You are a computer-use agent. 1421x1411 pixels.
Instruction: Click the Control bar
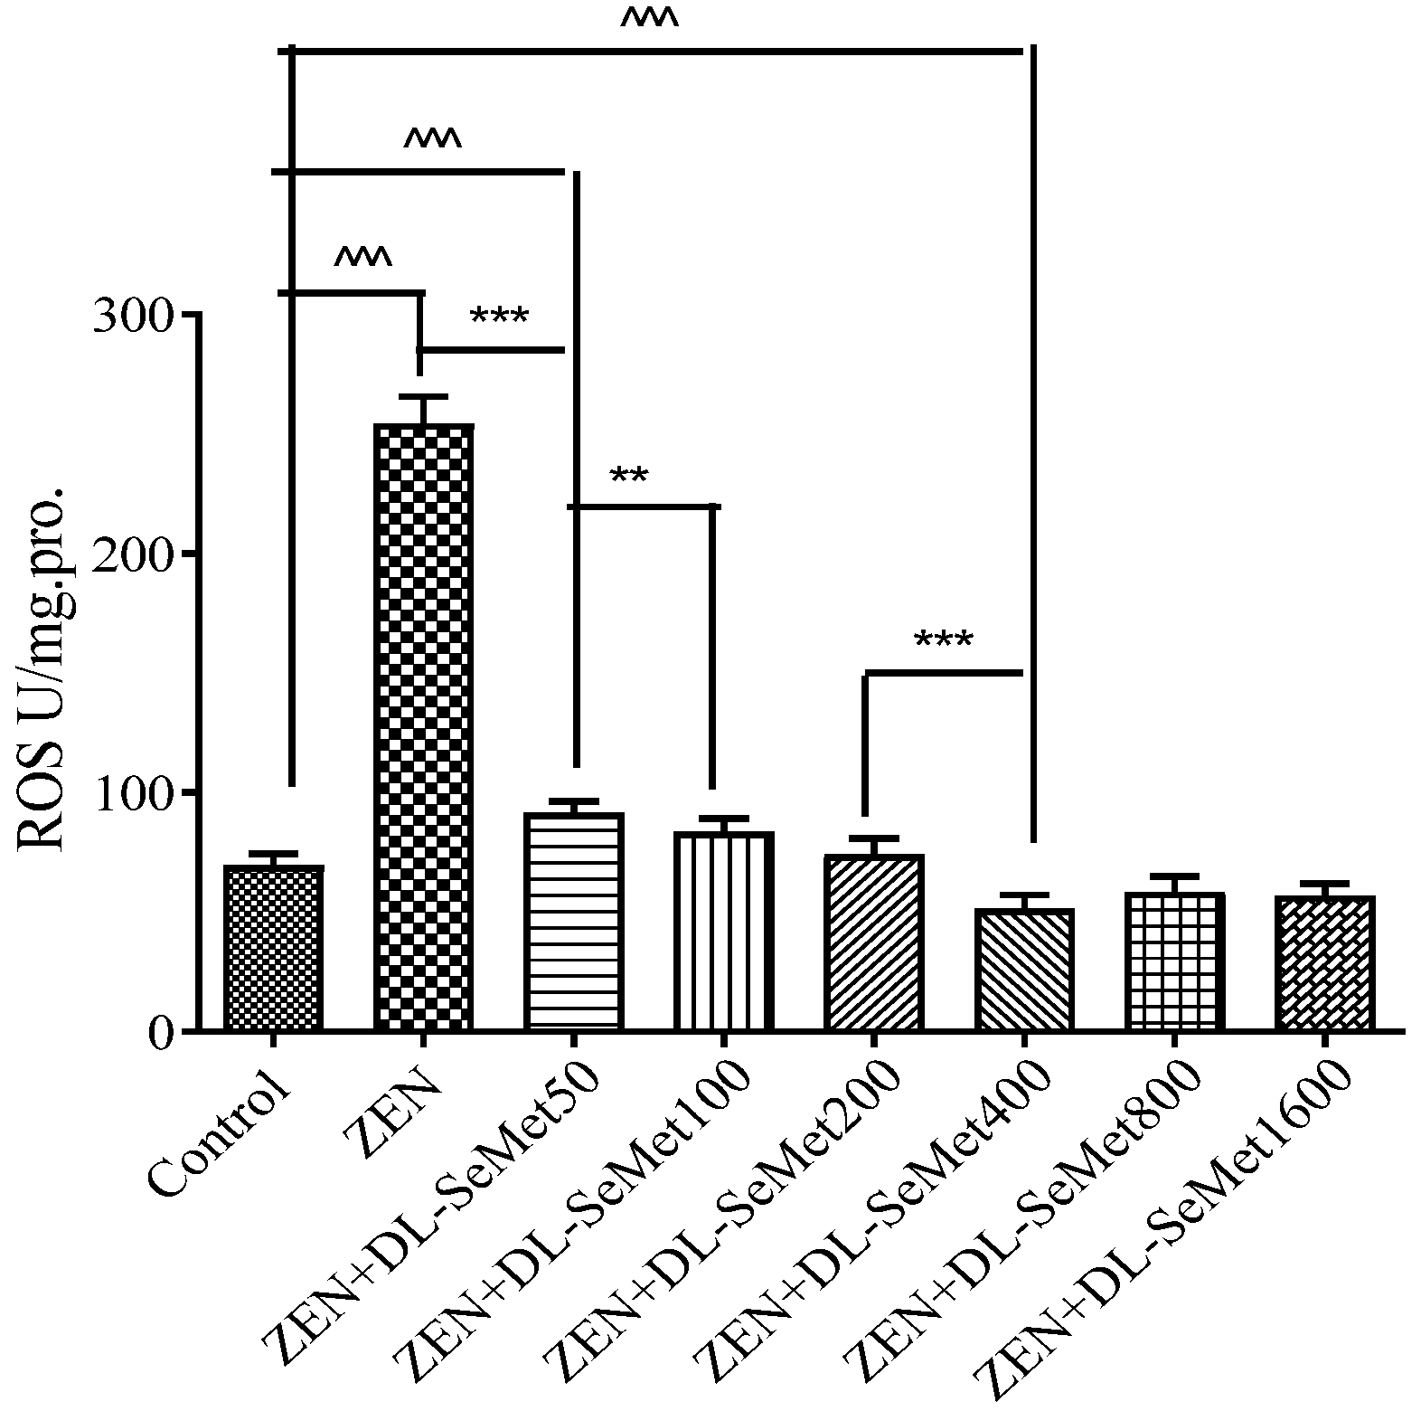point(273,948)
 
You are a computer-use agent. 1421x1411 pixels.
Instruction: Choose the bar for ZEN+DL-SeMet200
point(873,942)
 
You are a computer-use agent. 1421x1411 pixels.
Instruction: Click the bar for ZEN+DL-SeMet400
point(1024,969)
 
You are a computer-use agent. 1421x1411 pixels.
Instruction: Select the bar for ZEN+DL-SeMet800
point(1174,961)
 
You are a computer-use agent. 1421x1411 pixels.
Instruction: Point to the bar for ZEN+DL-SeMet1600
point(1324,962)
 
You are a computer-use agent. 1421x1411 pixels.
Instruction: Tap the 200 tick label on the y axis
point(134,554)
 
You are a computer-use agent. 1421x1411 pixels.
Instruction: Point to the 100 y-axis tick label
point(134,792)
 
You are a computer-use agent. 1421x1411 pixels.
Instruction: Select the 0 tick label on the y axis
point(163,1032)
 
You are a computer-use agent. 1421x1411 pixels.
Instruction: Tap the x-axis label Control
point(221,1135)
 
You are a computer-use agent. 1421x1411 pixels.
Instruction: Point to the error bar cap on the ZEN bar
point(423,396)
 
